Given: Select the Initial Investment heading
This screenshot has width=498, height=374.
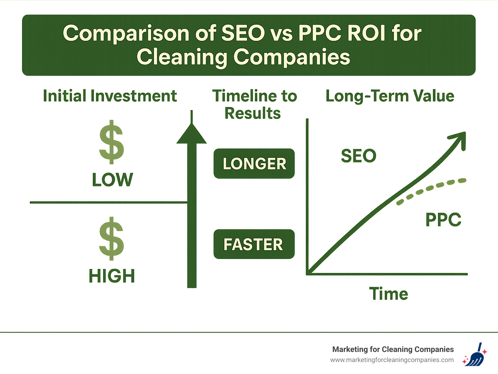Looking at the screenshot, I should (110, 96).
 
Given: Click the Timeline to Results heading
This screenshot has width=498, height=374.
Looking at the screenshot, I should (254, 104).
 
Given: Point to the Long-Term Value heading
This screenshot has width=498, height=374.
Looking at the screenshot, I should (390, 96).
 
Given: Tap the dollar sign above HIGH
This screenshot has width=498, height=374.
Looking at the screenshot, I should (112, 239).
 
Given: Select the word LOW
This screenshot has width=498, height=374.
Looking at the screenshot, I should (113, 180).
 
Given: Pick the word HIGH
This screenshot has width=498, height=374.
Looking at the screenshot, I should (112, 276).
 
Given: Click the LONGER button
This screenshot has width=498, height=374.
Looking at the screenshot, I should (254, 164).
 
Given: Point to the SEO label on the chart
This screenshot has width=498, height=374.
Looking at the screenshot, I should (359, 156).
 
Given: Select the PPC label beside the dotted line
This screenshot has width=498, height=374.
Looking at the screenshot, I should (443, 220).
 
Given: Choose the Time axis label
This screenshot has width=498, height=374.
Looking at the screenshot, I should (388, 294).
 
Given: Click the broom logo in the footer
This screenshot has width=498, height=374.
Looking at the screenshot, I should (475, 355).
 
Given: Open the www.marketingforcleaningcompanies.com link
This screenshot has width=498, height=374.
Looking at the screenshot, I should (392, 360).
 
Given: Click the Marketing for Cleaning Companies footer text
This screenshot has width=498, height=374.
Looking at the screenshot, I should (393, 349).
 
